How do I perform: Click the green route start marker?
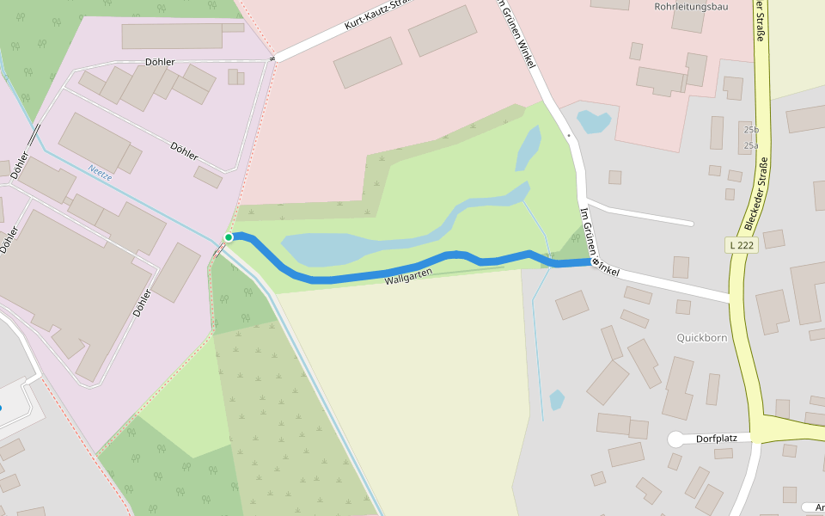[x=229, y=236]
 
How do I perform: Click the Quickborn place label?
[x=701, y=338]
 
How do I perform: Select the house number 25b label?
[x=751, y=130]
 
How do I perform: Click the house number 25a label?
[x=751, y=145]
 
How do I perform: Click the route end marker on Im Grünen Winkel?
[x=595, y=261]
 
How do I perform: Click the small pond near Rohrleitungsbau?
[x=594, y=121]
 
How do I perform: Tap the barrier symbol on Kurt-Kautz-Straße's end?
[x=272, y=58]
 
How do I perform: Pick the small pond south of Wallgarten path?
[x=557, y=399]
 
